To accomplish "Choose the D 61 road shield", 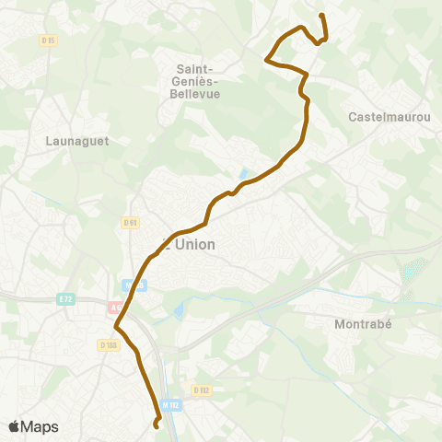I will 130,222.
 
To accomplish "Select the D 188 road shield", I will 109,345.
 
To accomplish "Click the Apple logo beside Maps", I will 14,426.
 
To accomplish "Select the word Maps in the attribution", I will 40,426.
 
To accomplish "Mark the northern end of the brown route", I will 321,15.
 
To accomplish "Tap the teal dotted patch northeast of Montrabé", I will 409,272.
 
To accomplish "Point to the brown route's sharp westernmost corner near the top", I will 267,61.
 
